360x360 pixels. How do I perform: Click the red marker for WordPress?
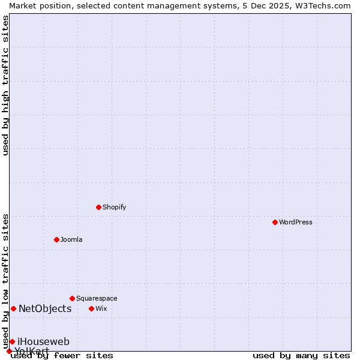(275, 222)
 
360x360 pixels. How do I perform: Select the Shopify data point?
(98, 207)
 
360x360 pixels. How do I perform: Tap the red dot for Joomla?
(56, 239)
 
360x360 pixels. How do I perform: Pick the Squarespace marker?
(72, 298)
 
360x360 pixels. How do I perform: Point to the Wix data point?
(91, 308)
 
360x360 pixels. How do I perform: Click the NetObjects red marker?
(13, 308)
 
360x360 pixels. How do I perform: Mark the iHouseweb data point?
(12, 341)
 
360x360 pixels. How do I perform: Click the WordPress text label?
(296, 222)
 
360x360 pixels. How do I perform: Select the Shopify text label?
(114, 207)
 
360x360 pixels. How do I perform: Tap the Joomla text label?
(71, 239)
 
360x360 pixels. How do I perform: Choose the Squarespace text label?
(97, 298)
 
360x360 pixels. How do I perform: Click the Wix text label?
(101, 308)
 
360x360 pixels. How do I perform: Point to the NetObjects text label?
(45, 308)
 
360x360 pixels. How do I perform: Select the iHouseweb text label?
(43, 341)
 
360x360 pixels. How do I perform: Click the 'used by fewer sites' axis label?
(62, 355)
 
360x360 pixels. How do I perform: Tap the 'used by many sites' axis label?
(301, 355)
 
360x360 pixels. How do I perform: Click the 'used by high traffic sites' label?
(5, 85)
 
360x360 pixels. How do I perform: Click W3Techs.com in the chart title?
(322, 5)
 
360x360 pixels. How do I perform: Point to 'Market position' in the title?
(38, 5)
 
